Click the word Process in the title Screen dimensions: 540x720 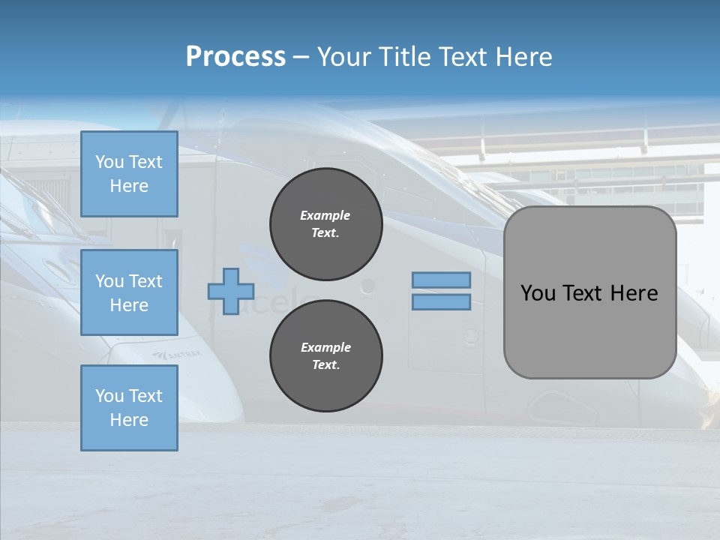(x=235, y=56)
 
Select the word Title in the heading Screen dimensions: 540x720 (x=403, y=56)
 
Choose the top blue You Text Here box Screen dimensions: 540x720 (x=129, y=174)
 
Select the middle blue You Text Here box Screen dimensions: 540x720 (x=129, y=292)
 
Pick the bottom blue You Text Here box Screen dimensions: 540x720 (x=129, y=408)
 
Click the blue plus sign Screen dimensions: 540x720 (x=231, y=291)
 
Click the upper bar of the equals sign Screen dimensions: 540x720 (x=441, y=280)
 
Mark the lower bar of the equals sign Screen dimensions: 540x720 (x=441, y=302)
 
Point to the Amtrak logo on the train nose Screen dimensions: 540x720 (x=178, y=354)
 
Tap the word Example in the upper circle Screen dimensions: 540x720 (x=325, y=215)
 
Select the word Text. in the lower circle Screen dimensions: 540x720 (x=325, y=364)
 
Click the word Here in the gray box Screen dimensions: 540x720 (x=634, y=292)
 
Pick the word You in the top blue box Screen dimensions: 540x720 (x=109, y=162)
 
